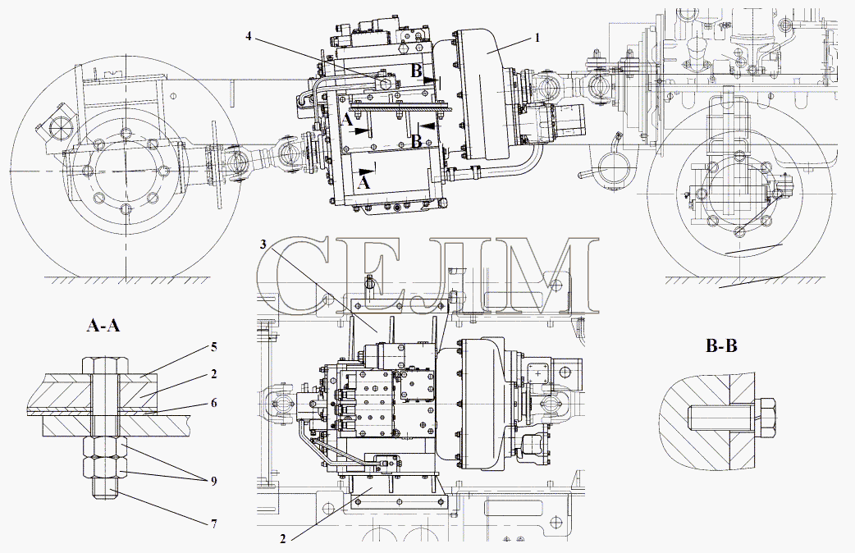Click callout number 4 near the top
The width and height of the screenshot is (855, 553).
tap(249, 36)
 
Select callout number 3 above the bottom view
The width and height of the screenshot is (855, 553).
tap(263, 245)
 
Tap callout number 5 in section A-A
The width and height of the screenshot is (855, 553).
tap(214, 346)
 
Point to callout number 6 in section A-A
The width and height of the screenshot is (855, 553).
tap(214, 403)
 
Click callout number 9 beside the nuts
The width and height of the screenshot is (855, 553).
tap(213, 481)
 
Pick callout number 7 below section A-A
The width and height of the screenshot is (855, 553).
tap(213, 523)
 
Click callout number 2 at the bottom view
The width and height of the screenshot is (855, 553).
tap(282, 539)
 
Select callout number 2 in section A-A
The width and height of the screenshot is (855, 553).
tap(214, 373)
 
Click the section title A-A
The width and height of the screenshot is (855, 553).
tap(103, 326)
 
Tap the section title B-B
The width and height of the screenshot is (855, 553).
tap(721, 345)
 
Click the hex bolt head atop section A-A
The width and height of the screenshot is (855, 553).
tap(106, 364)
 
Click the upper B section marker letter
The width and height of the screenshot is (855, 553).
tap(416, 71)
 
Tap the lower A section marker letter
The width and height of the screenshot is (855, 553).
tap(363, 183)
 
